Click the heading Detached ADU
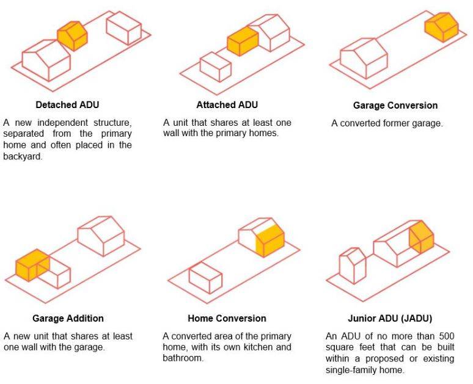(x=67, y=104)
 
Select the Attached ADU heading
(x=227, y=104)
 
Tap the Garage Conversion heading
(x=395, y=105)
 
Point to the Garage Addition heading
(x=68, y=318)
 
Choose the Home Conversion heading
(x=227, y=318)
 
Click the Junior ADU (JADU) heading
(x=392, y=318)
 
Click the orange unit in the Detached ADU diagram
(x=73, y=37)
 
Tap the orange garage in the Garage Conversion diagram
(x=441, y=27)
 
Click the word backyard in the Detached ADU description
(x=21, y=157)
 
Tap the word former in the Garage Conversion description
(x=394, y=123)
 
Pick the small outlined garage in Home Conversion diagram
(x=205, y=278)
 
